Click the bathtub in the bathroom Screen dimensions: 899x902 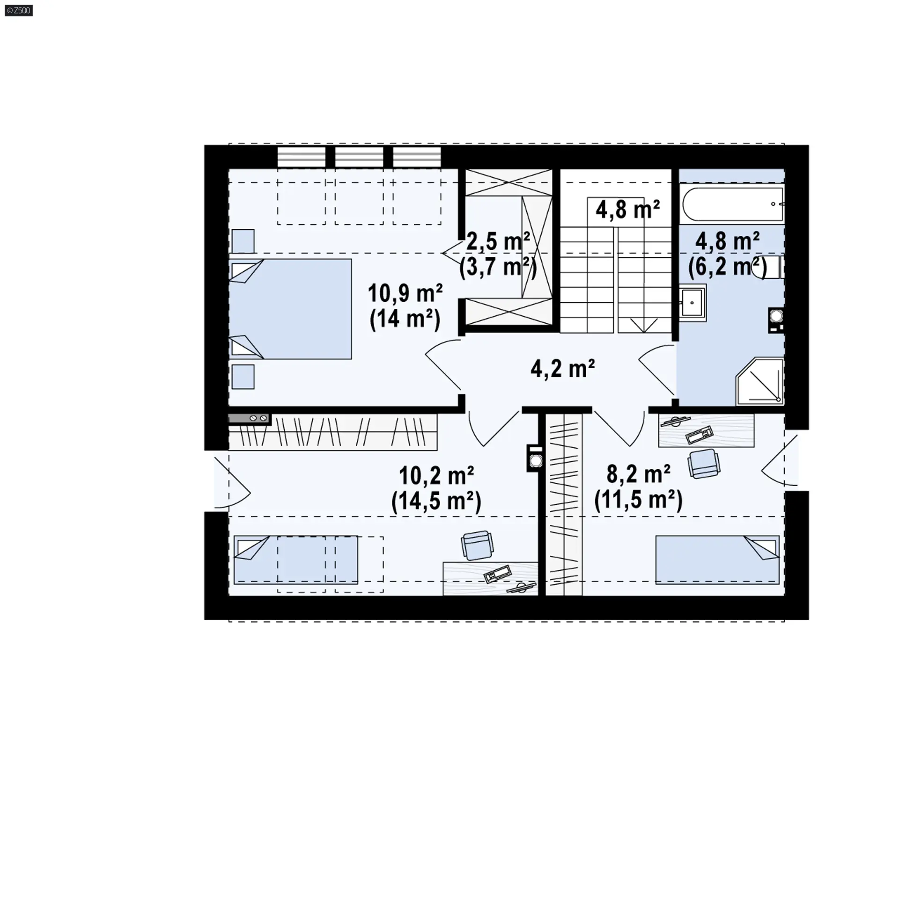pyautogui.click(x=732, y=204)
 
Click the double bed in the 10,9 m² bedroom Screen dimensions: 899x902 pyautogui.click(x=290, y=309)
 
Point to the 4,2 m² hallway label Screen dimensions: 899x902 pyautogui.click(x=562, y=369)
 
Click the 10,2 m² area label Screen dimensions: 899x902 pyautogui.click(x=436, y=476)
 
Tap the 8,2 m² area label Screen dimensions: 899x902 pyautogui.click(x=638, y=474)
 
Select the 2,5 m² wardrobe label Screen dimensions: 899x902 pyautogui.click(x=498, y=241)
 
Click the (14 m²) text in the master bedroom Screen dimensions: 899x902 pyautogui.click(x=405, y=320)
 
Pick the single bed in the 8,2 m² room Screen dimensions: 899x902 pyautogui.click(x=717, y=560)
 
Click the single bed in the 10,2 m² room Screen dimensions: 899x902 pyautogui.click(x=295, y=560)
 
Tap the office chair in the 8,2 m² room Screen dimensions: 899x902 pyautogui.click(x=704, y=464)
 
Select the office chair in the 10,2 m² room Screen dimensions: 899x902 pyautogui.click(x=477, y=545)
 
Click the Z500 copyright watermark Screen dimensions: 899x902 pyautogui.click(x=19, y=10)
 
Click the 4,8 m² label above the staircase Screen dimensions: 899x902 pyautogui.click(x=627, y=210)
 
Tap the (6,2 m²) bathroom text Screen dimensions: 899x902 pyautogui.click(x=727, y=267)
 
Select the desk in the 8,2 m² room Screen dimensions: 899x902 pyautogui.click(x=706, y=431)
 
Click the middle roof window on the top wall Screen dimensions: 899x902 pyautogui.click(x=359, y=157)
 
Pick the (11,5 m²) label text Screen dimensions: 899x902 pyautogui.click(x=638, y=500)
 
